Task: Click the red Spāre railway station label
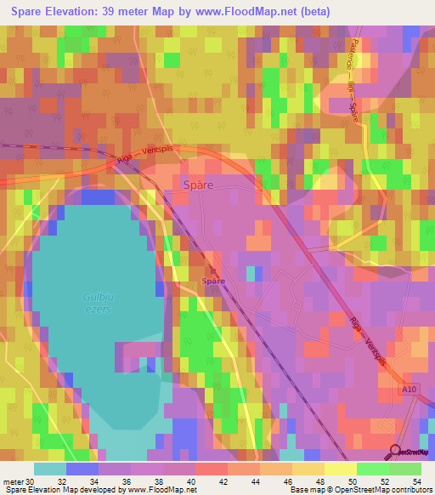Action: tap(213, 281)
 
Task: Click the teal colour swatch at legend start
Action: tap(49, 469)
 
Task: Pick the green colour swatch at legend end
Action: tap(404, 469)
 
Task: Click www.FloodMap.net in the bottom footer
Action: tap(164, 490)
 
